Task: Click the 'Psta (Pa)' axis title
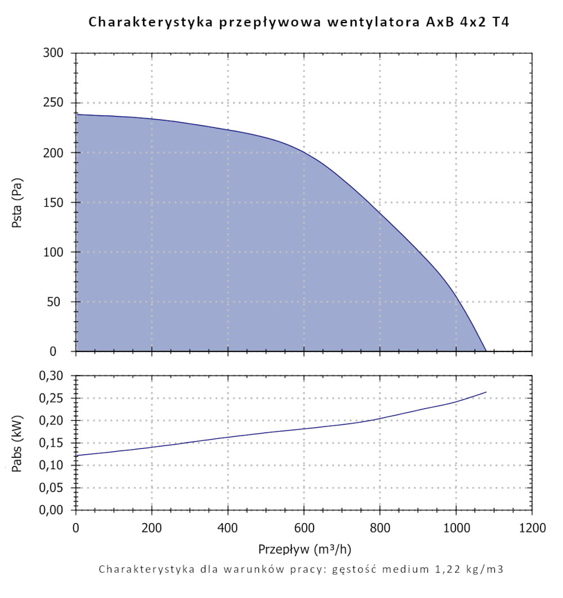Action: pos(17,202)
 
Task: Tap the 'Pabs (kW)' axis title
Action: pos(17,443)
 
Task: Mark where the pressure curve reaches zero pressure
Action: pos(486,351)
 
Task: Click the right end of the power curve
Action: pos(486,392)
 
